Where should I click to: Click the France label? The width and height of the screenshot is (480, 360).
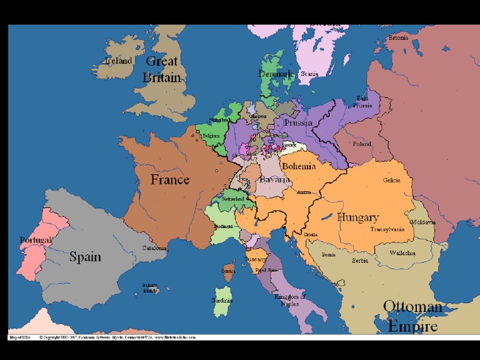pos(170,180)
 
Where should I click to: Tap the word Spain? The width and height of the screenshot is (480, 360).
pos(85,256)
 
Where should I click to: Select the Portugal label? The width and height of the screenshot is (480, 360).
pos(36,240)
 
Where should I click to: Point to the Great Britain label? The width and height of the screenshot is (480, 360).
pos(162,69)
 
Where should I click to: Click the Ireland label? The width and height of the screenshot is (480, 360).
pos(118,61)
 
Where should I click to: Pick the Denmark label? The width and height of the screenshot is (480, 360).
pos(276,74)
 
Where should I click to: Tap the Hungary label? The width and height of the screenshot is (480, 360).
pos(358,217)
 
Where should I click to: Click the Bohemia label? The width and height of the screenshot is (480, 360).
pos(299,167)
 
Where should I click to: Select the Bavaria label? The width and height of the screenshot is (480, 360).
pos(274,180)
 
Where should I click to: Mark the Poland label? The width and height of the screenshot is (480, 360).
pos(361,144)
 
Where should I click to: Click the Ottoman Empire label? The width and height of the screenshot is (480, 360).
pos(412,316)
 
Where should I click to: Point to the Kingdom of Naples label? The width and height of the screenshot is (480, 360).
pos(290,300)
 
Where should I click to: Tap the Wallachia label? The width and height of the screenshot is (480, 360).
pos(402,253)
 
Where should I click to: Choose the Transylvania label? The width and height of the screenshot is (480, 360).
pos(387,229)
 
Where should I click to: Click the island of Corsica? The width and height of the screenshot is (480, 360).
pos(228,271)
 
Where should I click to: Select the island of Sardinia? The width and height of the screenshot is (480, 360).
pos(222,299)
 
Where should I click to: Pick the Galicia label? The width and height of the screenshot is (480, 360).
pos(392,181)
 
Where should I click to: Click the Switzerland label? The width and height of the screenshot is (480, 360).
pos(231,199)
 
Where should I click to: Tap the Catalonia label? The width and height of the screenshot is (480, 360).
pos(154,248)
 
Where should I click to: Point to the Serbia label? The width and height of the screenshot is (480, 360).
pos(360,261)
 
